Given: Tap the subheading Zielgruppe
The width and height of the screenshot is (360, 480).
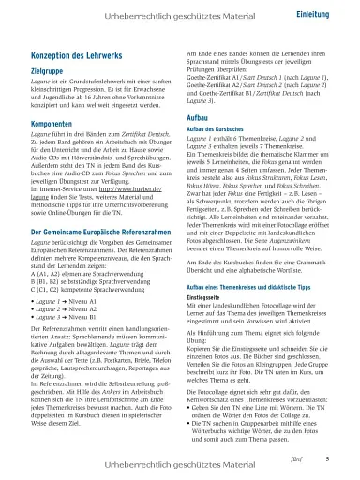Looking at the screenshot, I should pos(50,70).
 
